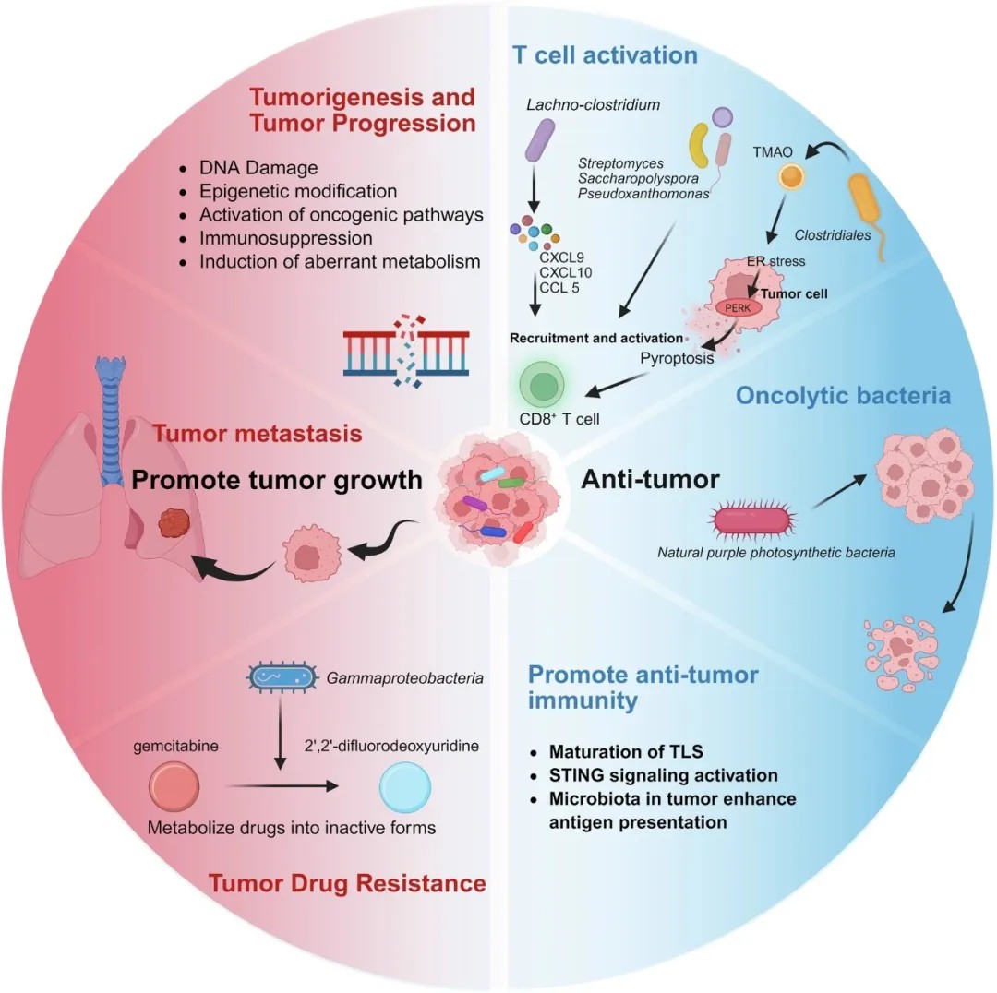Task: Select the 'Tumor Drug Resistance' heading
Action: (347, 883)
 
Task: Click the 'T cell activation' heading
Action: (605, 55)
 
